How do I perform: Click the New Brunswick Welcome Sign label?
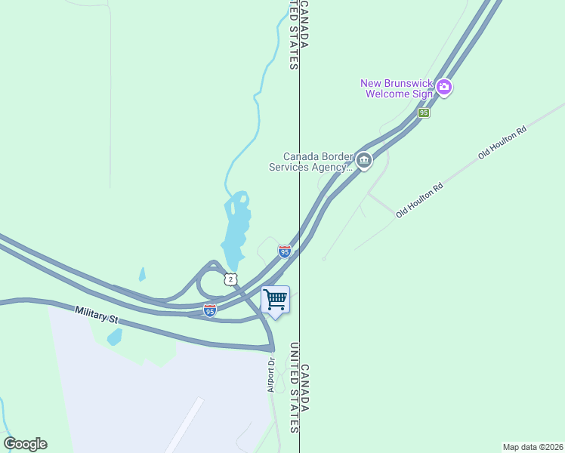[396, 88]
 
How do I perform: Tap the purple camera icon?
[444, 88]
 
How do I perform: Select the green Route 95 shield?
[424, 112]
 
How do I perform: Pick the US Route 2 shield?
[230, 279]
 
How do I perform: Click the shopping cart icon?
[275, 300]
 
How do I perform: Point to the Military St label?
[97, 315]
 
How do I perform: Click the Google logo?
[25, 444]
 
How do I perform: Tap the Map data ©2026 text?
[533, 447]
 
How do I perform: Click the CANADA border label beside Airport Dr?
[305, 388]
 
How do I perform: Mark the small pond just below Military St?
[114, 337]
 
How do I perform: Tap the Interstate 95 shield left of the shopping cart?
[210, 310]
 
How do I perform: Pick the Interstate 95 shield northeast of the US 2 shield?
[284, 251]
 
